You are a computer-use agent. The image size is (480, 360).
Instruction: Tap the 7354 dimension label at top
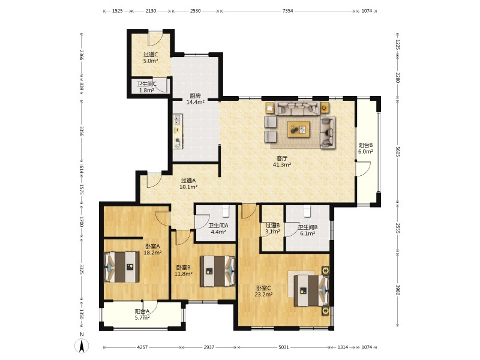tap(287, 11)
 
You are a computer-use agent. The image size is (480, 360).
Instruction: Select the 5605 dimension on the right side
tap(397, 151)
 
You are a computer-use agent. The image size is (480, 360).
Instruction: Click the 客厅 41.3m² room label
tap(281, 161)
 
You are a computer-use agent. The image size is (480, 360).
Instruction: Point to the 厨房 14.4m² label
tap(196, 99)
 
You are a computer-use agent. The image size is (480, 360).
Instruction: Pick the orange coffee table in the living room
tap(298, 129)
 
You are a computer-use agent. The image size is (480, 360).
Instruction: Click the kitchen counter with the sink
tap(178, 131)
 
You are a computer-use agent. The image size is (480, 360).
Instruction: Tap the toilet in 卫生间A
tap(226, 211)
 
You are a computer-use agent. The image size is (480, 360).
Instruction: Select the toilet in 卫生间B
tap(307, 211)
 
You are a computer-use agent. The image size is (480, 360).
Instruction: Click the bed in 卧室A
tap(122, 267)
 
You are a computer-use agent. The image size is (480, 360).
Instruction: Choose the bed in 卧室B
tap(217, 271)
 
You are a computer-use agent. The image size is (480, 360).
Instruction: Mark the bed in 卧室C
tap(311, 290)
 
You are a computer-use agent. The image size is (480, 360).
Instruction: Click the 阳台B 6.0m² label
tap(365, 148)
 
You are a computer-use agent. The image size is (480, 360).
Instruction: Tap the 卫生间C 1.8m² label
tap(146, 87)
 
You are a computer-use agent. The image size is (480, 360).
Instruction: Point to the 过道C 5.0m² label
tap(151, 58)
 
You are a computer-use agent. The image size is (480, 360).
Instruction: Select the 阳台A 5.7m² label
tap(142, 314)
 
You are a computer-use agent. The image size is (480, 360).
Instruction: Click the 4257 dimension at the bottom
tap(142, 347)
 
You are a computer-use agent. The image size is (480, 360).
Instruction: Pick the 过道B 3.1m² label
tap(272, 229)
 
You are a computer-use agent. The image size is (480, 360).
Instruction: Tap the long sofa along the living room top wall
tap(297, 108)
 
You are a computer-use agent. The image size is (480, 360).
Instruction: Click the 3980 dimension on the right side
tap(397, 290)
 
